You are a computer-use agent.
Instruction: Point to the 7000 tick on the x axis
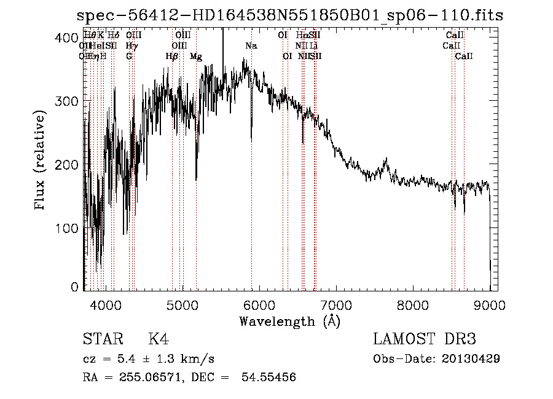pyautogui.click(x=337, y=304)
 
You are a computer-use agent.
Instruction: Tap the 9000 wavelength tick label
pyautogui.click(x=490, y=304)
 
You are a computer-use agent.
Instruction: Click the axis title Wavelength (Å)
pyautogui.click(x=289, y=320)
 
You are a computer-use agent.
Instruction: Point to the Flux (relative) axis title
pyautogui.click(x=41, y=161)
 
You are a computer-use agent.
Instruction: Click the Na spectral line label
pyautogui.click(x=251, y=46)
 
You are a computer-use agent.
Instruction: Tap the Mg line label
pyautogui.click(x=195, y=57)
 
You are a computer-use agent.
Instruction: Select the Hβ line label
pyautogui.click(x=172, y=57)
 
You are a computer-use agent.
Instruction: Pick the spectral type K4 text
pyautogui.click(x=159, y=339)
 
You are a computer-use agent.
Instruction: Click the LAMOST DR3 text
pyautogui.click(x=425, y=339)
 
